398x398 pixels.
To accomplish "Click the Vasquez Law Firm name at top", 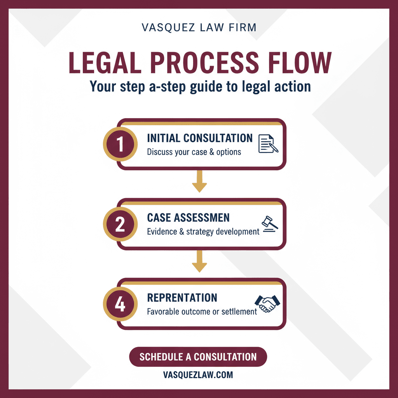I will click(x=199, y=28).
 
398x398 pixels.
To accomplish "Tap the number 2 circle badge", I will click(x=120, y=224).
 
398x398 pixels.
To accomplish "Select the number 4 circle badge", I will click(x=120, y=304).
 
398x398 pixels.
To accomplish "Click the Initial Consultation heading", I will click(x=200, y=138).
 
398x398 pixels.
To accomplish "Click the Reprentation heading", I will click(x=182, y=298).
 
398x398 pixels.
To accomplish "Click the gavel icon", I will click(x=269, y=224).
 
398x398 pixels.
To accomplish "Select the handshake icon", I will click(x=267, y=303).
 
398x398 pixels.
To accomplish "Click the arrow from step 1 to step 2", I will click(x=199, y=182).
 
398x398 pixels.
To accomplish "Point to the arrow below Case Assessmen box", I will click(x=199, y=262).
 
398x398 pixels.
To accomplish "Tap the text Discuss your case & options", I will click(x=194, y=152).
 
